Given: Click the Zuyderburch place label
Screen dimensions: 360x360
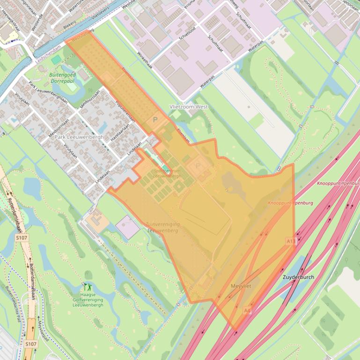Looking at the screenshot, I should tap(299, 277).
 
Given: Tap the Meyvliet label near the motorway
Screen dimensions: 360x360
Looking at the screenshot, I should tap(241, 286).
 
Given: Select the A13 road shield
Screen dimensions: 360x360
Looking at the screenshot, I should tap(291, 241).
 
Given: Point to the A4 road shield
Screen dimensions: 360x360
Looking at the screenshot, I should tap(247, 310).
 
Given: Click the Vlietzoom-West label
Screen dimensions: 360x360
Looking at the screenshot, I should tap(189, 107).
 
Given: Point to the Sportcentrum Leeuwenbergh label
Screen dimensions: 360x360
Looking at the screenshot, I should tap(167, 173).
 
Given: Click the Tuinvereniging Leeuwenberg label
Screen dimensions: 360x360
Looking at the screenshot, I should tap(162, 227).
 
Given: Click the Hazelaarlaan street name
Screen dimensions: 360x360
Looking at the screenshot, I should tap(120, 133).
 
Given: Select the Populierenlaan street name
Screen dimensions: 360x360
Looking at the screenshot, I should tap(126, 113).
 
